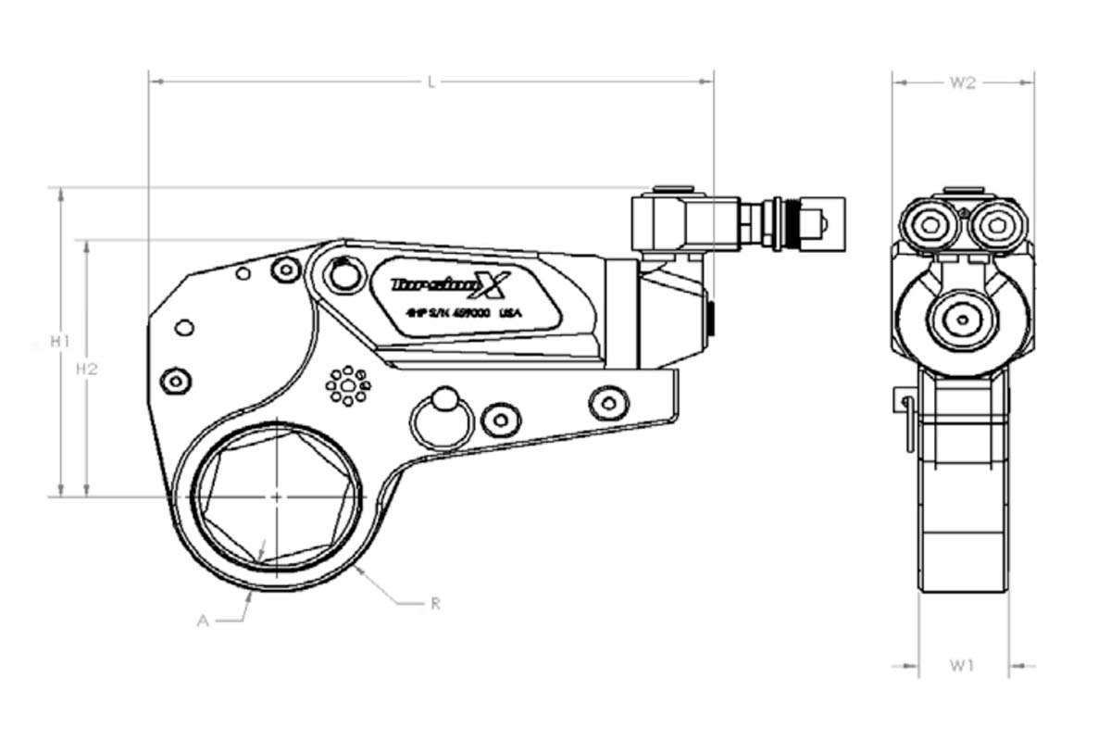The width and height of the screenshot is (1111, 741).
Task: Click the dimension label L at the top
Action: point(431,82)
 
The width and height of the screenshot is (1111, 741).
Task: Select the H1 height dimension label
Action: point(60,342)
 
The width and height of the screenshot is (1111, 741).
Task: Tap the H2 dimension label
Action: point(87,369)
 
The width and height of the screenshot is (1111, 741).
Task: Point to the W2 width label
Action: point(963,82)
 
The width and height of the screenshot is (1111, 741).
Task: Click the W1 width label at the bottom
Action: point(963,665)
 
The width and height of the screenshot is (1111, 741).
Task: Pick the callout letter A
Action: point(203,622)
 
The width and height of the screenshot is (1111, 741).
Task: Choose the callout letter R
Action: point(435,604)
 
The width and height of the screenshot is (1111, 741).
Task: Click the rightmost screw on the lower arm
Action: point(607,401)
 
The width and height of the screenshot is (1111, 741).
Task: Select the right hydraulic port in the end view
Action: point(997,224)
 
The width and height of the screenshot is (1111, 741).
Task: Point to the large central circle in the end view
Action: point(963,320)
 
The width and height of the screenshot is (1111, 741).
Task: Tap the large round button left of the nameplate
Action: point(343,275)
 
